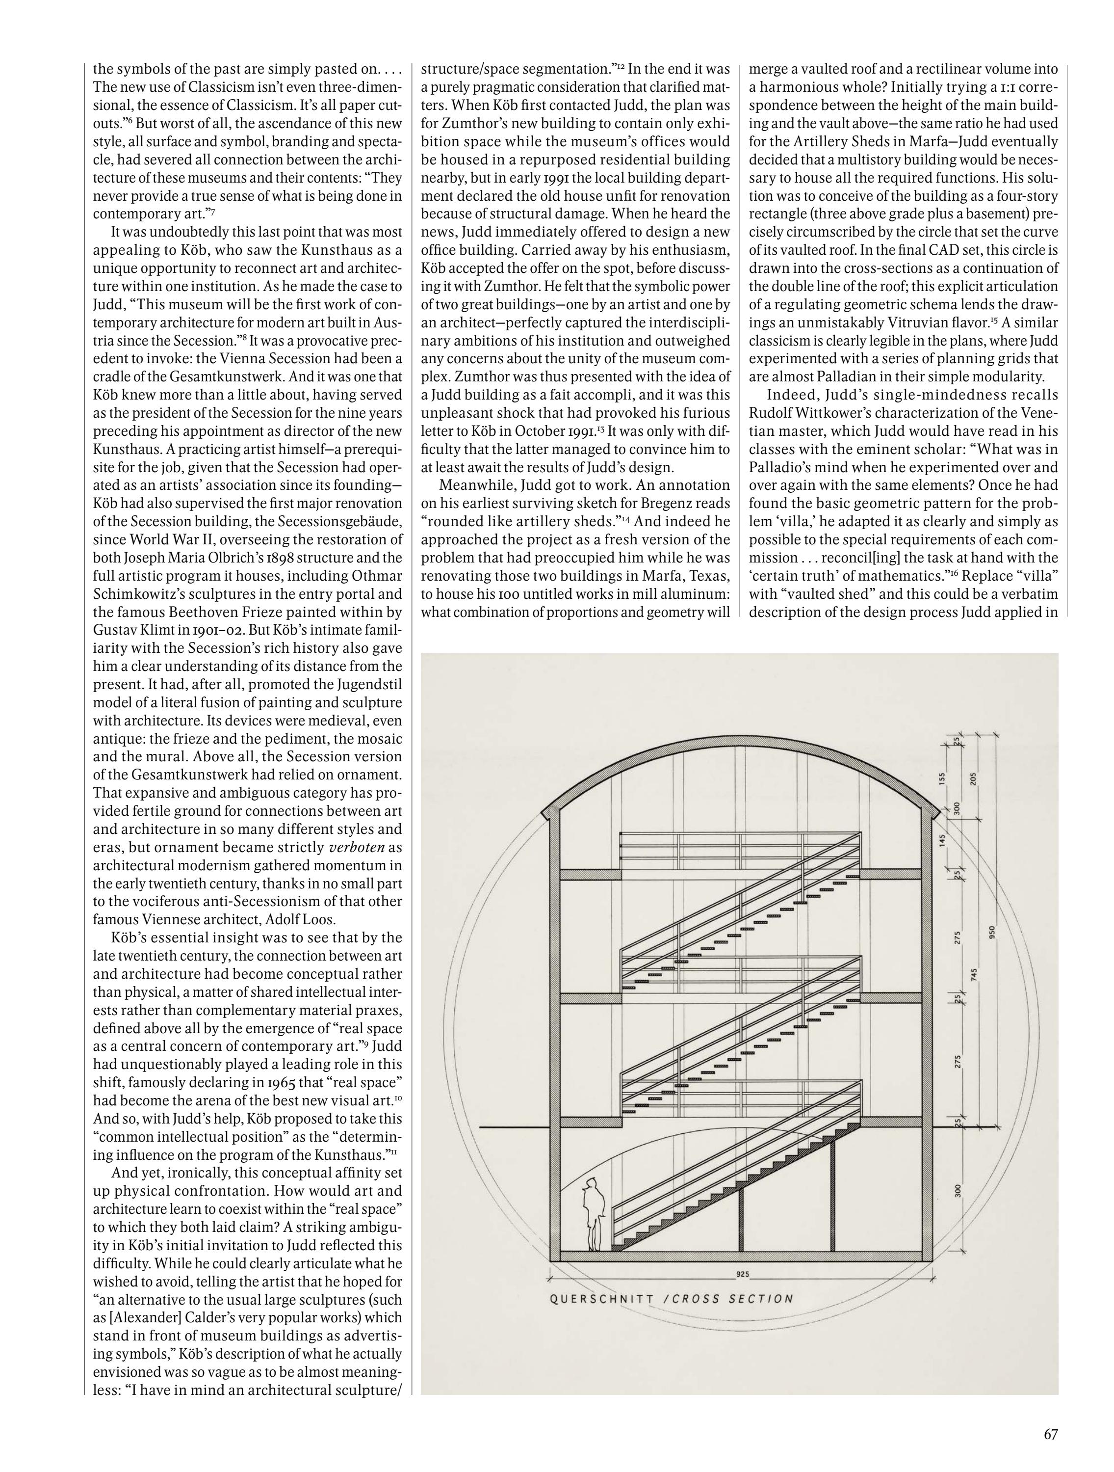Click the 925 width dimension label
[743, 1274]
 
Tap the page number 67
[1050, 1429]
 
